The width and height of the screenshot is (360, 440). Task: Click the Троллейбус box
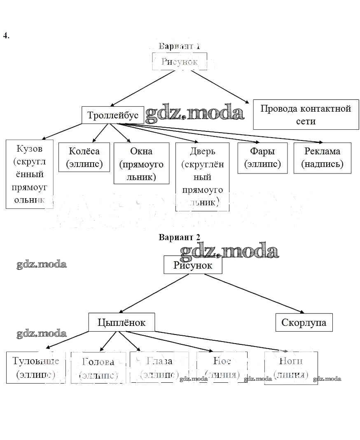[113, 115]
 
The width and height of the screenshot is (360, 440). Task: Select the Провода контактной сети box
[306, 115]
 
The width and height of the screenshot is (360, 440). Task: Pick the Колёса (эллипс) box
[84, 157]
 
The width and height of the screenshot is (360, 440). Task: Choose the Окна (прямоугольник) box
[141, 163]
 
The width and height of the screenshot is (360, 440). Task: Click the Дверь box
[202, 176]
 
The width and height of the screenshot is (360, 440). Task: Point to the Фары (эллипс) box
[262, 158]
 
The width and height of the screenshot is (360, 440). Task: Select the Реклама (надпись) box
[322, 158]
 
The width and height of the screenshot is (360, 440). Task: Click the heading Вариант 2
[180, 237]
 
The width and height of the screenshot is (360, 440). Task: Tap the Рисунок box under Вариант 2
[193, 265]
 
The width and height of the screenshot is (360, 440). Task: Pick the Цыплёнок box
[122, 322]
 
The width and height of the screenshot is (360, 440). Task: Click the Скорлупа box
[304, 322]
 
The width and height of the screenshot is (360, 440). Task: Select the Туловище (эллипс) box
[36, 367]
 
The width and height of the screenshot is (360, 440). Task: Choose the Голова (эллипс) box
[98, 367]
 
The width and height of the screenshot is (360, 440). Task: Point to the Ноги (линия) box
[291, 367]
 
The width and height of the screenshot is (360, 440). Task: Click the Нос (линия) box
[222, 367]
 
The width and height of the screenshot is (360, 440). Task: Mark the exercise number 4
[6, 35]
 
